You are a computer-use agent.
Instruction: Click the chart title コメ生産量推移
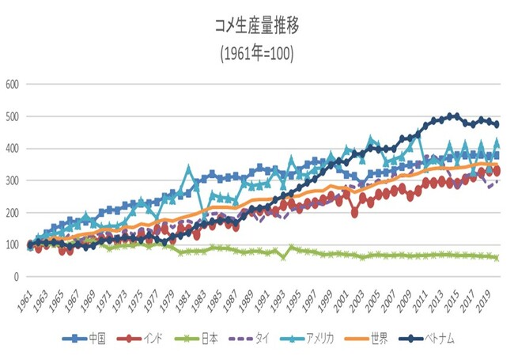256,26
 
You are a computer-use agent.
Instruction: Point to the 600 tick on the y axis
13,84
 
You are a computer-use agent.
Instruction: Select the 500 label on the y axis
13,116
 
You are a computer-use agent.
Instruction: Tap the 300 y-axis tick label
13,180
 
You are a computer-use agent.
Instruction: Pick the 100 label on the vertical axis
13,244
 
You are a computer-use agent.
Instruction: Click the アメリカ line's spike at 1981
188,169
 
